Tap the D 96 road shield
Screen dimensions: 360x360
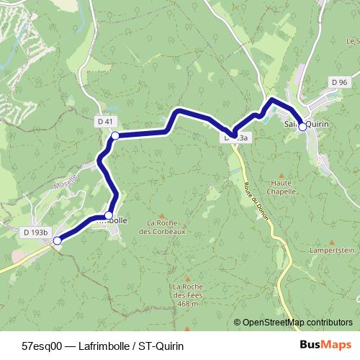(340, 83)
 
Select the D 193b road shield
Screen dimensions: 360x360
(35, 233)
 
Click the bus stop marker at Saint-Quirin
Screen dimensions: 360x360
(302, 126)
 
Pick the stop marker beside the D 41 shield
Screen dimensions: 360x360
(114, 135)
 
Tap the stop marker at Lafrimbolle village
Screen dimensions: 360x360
(109, 215)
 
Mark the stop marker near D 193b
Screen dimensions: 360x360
(57, 242)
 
